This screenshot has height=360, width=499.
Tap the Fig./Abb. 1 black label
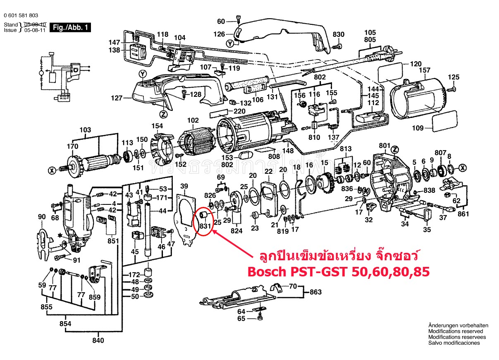pyautogui.click(x=69, y=28)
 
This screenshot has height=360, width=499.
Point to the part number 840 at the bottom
pyautogui.click(x=99, y=340)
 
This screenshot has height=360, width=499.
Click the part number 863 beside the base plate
pyautogui.click(x=315, y=292)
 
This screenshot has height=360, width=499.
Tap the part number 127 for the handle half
pyautogui.click(x=117, y=98)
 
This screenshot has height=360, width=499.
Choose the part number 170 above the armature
pyautogui.click(x=72, y=146)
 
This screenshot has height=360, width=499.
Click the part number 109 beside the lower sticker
pyautogui.click(x=418, y=128)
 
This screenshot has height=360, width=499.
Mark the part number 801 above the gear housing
pyautogui.click(x=384, y=146)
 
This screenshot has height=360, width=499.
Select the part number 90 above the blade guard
pyautogui.click(x=42, y=217)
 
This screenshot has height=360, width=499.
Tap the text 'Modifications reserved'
pyautogui.click(x=456, y=331)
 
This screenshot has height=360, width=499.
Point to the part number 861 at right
pyautogui.click(x=463, y=214)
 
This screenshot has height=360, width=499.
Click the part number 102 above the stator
pyautogui.click(x=193, y=120)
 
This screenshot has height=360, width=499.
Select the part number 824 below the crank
pyautogui.click(x=236, y=231)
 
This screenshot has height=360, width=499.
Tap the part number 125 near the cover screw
pyautogui.click(x=454, y=77)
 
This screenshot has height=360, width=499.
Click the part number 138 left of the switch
pyautogui.click(x=114, y=50)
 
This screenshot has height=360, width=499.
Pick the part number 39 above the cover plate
pyautogui.click(x=184, y=186)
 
